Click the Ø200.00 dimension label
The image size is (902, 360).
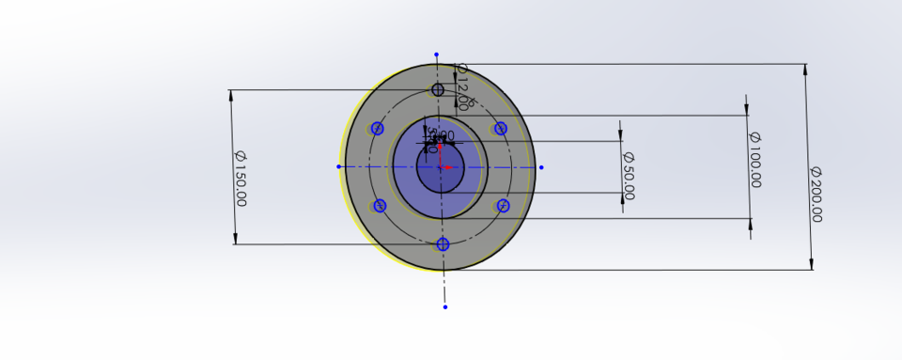click(x=816, y=194)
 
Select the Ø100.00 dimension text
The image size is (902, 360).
click(x=754, y=160)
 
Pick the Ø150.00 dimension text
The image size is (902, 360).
click(x=240, y=178)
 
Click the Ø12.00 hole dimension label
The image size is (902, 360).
click(x=461, y=86)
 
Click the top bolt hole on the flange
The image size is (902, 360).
click(x=438, y=90)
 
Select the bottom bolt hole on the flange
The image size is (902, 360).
click(x=443, y=244)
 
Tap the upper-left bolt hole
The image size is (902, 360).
click(x=378, y=129)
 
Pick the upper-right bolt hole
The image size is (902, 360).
click(x=501, y=128)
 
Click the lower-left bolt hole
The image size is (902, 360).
click(x=380, y=206)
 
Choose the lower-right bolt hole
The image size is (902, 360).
click(x=504, y=206)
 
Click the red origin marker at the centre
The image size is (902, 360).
click(x=443, y=167)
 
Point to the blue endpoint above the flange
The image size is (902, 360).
click(x=436, y=55)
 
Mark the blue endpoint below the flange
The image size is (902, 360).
click(x=445, y=306)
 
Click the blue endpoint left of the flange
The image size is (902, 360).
click(x=338, y=166)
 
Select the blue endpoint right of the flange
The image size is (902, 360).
click(x=541, y=167)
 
